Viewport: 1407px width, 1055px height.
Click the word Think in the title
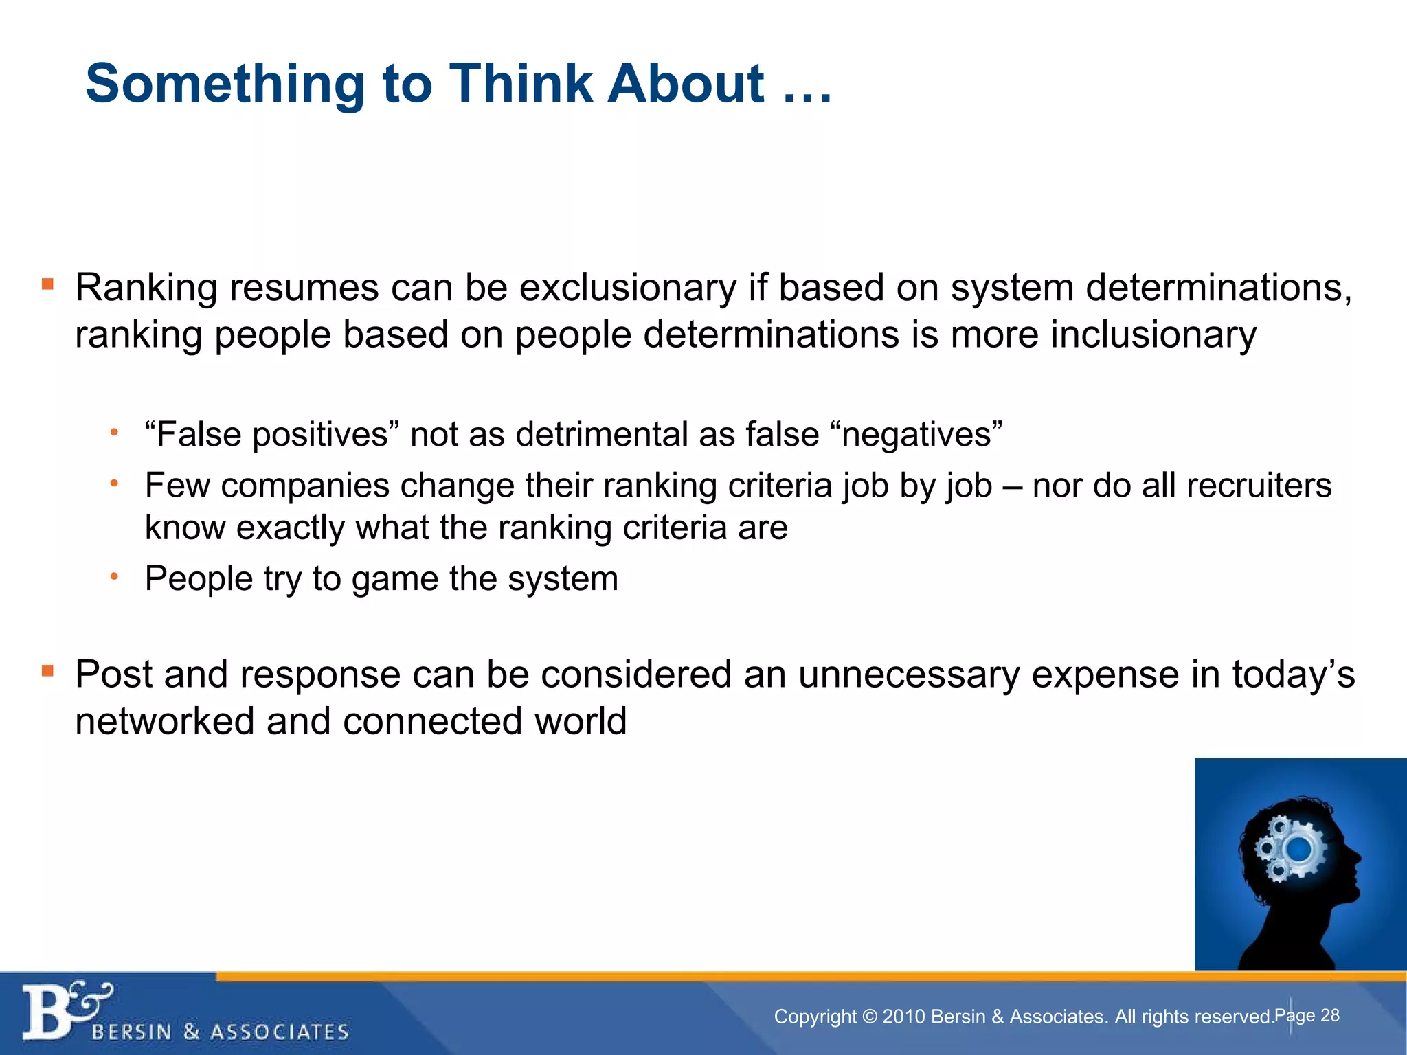tap(520, 84)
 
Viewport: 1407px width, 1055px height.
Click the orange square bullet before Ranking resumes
tap(47, 284)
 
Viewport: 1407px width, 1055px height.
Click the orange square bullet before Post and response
tap(47, 670)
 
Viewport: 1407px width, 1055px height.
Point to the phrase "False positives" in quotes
tap(272, 435)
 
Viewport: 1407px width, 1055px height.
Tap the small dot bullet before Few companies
tap(115, 484)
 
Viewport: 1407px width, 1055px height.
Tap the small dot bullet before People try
tap(115, 576)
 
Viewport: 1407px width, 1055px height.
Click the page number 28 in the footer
tap(1330, 1015)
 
